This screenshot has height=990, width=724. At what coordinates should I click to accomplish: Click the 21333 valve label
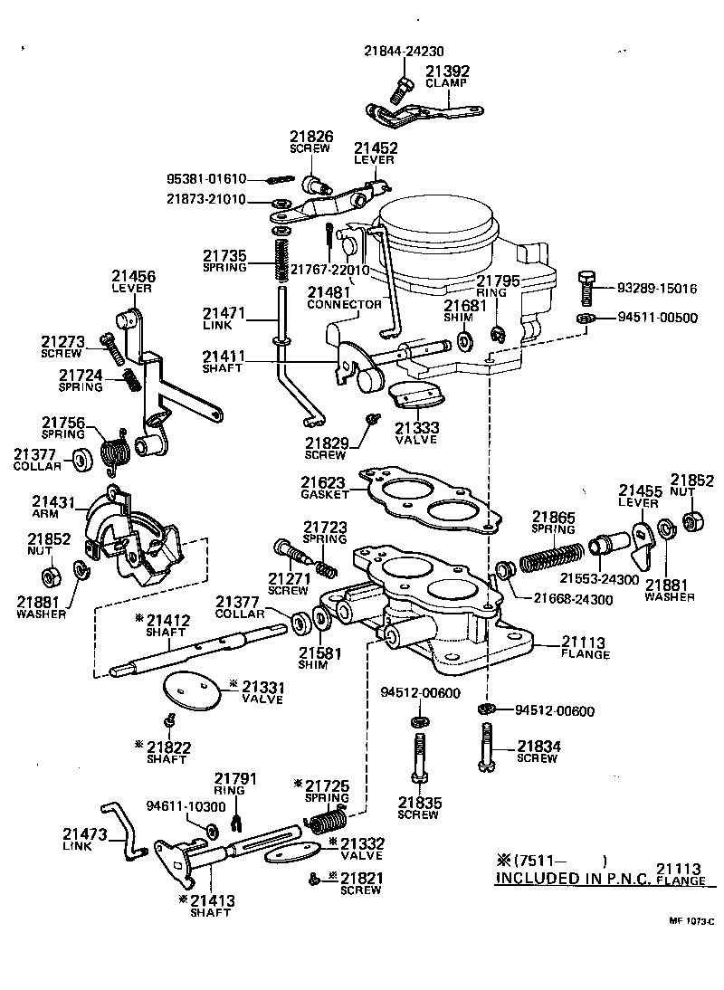tap(415, 427)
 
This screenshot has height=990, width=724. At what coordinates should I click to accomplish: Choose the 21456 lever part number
tap(133, 276)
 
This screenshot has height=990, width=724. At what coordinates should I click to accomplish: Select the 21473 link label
tap(85, 833)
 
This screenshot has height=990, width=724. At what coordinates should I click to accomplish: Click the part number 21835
tap(419, 802)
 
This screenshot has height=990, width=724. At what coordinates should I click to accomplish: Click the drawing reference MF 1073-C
tap(691, 921)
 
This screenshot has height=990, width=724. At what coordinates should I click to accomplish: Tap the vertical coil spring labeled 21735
tap(281, 258)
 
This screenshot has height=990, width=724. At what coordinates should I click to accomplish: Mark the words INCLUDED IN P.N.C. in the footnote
tap(572, 879)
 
